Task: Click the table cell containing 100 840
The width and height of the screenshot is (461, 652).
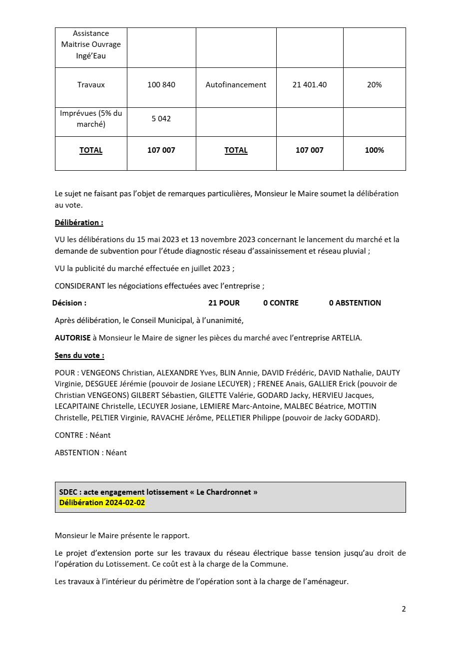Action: pyautogui.click(x=161, y=85)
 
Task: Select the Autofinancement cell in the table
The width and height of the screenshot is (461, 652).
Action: pyautogui.click(x=236, y=85)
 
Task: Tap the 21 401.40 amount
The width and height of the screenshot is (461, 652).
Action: pyautogui.click(x=310, y=85)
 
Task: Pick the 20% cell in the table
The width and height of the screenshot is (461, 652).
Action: pyautogui.click(x=374, y=85)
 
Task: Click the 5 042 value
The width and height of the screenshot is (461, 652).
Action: pyautogui.click(x=161, y=119)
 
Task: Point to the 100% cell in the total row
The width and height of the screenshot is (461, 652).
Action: pyautogui.click(x=374, y=150)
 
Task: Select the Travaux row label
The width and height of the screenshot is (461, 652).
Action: pyautogui.click(x=91, y=85)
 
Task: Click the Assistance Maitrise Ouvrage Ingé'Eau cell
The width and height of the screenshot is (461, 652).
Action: pyautogui.click(x=91, y=45)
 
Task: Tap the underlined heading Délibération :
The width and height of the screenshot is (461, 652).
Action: pyautogui.click(x=79, y=223)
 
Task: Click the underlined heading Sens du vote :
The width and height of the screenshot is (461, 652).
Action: pyautogui.click(x=79, y=355)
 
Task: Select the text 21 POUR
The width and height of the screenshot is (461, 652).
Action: pyautogui.click(x=224, y=303)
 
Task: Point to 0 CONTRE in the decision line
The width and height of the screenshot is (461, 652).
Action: pyautogui.click(x=281, y=303)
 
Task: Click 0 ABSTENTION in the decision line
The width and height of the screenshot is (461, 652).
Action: pyautogui.click(x=355, y=303)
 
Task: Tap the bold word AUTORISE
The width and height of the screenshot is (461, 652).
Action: pyautogui.click(x=72, y=338)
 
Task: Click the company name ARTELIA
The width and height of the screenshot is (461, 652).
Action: pyautogui.click(x=346, y=338)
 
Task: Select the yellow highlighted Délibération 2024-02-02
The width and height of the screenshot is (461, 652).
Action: pyautogui.click(x=102, y=503)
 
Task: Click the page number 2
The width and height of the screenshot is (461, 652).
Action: pyautogui.click(x=404, y=609)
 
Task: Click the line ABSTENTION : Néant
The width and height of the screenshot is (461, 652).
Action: pyautogui.click(x=90, y=453)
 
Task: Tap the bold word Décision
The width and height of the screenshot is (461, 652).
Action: pyautogui.click(x=69, y=303)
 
